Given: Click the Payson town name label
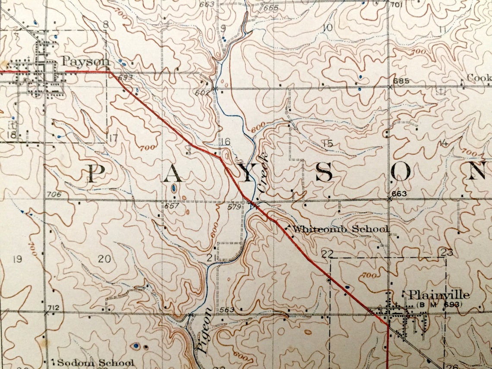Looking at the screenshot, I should click(x=85, y=61).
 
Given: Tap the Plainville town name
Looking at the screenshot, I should click(x=439, y=295).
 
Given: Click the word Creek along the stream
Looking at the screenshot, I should click(x=264, y=172).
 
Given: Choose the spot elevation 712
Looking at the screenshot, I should click(x=54, y=308).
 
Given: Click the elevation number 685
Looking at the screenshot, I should click(x=401, y=81).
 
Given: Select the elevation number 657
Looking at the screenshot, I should click(x=171, y=206).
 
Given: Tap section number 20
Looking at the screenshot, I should click(x=104, y=259).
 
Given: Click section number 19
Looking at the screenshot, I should click(x=17, y=259).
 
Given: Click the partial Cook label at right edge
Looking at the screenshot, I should click(x=479, y=78).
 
